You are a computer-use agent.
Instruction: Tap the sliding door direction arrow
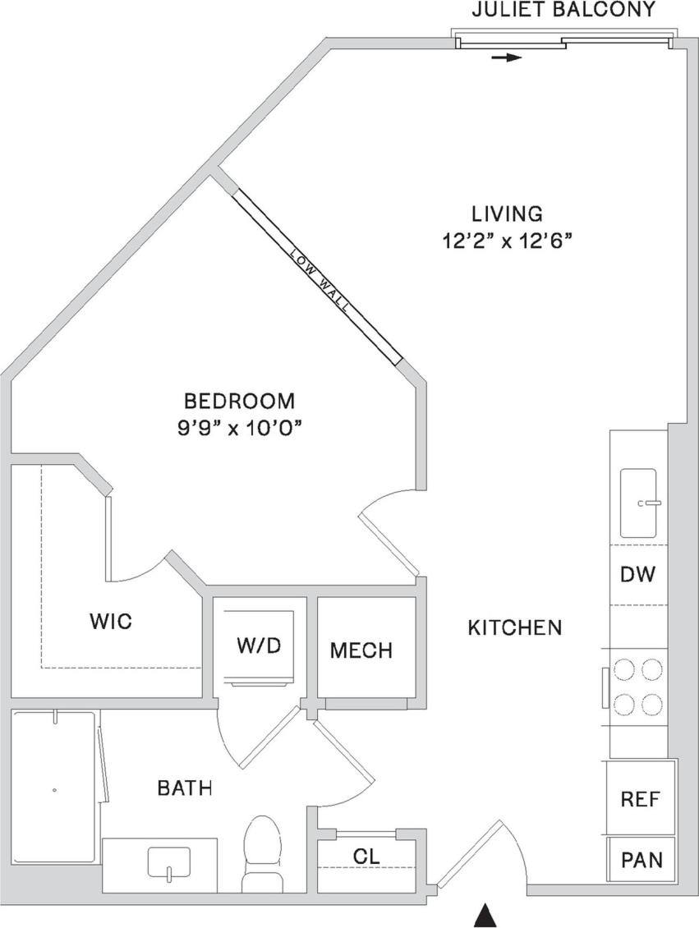(x=508, y=58)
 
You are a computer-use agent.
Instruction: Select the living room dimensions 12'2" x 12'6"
(x=506, y=241)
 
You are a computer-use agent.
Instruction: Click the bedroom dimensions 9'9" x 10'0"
(x=239, y=428)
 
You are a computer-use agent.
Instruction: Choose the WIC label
(x=110, y=621)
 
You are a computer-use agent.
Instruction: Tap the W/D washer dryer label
(x=259, y=645)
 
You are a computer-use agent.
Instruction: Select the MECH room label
(x=361, y=650)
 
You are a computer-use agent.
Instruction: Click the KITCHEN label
(x=515, y=628)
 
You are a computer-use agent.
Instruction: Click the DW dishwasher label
(x=638, y=574)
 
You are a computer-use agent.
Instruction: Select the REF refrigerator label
(x=640, y=798)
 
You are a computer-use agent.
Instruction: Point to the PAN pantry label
(x=641, y=861)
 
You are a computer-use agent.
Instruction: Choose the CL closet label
(x=366, y=855)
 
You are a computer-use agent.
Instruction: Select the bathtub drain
(x=54, y=790)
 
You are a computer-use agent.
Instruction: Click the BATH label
(x=185, y=788)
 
